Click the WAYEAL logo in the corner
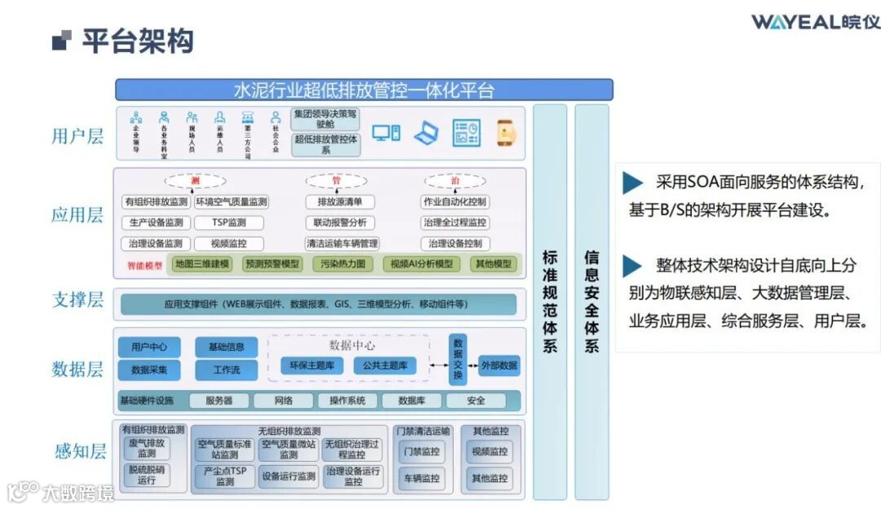pyautogui.click(x=815, y=21)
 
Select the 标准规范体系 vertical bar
pyautogui.click(x=549, y=302)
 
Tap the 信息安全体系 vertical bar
pyautogui.click(x=591, y=302)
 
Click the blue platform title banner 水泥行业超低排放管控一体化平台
pyautogui.click(x=364, y=90)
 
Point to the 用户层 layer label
pyautogui.click(x=77, y=135)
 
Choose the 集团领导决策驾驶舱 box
pyautogui.click(x=325, y=118)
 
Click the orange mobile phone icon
pyautogui.click(x=506, y=133)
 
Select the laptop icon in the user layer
pyautogui.click(x=426, y=133)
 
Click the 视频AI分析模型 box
pyautogui.click(x=421, y=263)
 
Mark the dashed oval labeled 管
pyautogui.click(x=336, y=180)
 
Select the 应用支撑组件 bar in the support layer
pyautogui.click(x=318, y=304)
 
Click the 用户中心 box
pyautogui.click(x=149, y=347)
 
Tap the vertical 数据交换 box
pyautogui.click(x=458, y=359)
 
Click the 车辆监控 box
pyautogui.click(x=421, y=478)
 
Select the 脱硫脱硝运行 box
pyautogui.click(x=147, y=475)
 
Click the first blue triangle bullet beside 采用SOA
pyautogui.click(x=632, y=183)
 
